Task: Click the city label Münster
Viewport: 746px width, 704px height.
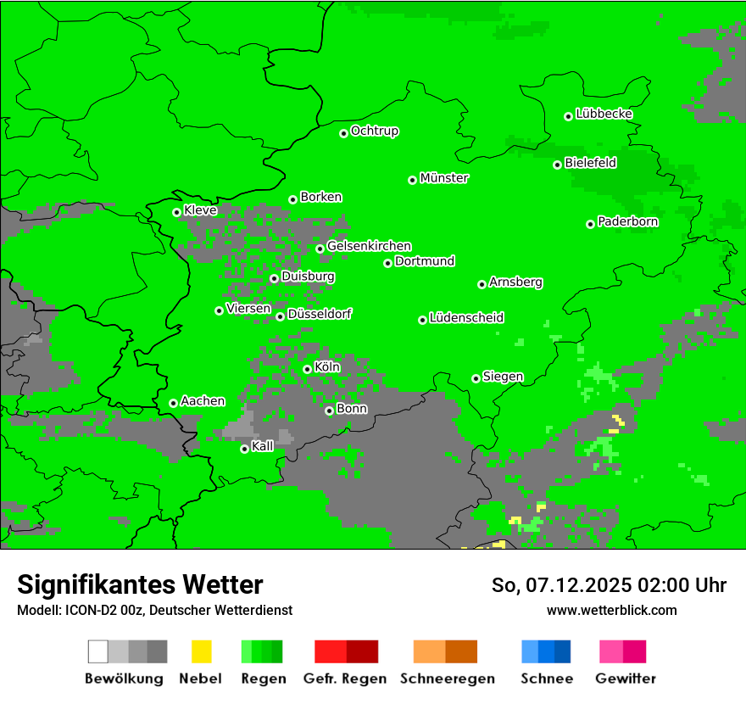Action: click(x=444, y=178)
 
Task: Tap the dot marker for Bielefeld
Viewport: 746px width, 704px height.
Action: click(x=558, y=165)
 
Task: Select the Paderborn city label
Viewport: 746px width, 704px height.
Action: click(x=628, y=221)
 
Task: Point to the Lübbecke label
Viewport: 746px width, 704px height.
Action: click(x=604, y=114)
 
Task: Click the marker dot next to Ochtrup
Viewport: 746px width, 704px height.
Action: click(x=344, y=133)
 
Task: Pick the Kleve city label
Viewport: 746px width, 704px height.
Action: click(x=201, y=210)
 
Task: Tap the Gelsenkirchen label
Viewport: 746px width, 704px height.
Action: click(x=369, y=246)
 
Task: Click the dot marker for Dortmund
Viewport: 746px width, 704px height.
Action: click(x=388, y=263)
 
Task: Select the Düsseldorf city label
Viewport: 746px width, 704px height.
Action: click(x=320, y=314)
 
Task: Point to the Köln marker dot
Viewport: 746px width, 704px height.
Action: click(x=308, y=369)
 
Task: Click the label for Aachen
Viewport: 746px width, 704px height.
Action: click(x=203, y=401)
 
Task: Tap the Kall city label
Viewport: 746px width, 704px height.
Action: click(x=263, y=446)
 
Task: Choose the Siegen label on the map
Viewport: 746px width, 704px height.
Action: click(x=503, y=377)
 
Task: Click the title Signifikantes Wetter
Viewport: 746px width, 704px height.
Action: click(x=140, y=584)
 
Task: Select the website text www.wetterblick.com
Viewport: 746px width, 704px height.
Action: click(x=612, y=610)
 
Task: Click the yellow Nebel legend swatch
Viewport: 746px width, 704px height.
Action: click(x=201, y=651)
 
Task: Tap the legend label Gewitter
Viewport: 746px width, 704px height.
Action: click(x=626, y=679)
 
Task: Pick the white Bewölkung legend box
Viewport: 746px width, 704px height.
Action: click(x=98, y=651)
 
